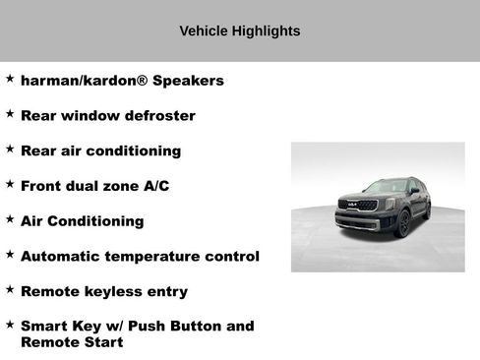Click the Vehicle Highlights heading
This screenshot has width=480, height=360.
point(240,30)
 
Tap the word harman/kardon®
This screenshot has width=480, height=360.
point(82,80)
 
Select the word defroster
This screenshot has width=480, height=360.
point(160,115)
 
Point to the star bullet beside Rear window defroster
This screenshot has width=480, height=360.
point(10,113)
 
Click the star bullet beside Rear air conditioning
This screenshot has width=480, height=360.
point(10,149)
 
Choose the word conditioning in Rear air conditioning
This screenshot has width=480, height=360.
point(134,150)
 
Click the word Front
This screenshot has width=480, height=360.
point(42,185)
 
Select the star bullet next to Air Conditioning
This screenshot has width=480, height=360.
point(10,219)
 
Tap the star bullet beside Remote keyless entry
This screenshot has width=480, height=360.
point(10,289)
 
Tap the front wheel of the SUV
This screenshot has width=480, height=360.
point(403,225)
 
